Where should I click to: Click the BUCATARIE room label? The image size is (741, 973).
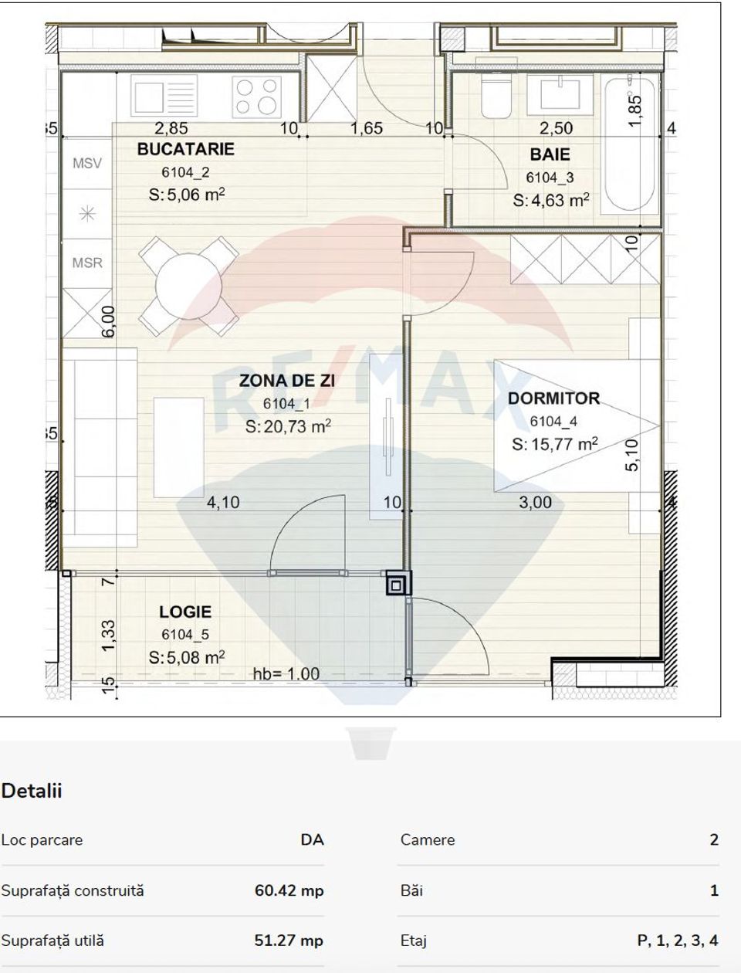[185, 149]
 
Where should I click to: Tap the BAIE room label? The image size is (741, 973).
[550, 154]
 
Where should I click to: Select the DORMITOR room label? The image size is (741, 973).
[553, 398]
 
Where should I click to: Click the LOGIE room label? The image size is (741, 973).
[185, 612]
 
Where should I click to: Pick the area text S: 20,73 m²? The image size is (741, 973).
[288, 426]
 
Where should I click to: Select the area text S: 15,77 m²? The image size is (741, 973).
[555, 444]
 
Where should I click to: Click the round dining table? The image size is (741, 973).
[188, 286]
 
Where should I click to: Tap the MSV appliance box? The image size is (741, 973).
[87, 164]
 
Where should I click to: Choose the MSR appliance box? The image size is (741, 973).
[87, 263]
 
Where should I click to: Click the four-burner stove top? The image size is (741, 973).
[256, 97]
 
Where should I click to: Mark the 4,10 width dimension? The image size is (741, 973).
[223, 503]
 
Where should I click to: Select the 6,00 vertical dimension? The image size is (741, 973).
[108, 320]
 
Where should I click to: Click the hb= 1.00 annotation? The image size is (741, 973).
[286, 673]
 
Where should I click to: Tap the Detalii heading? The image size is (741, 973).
[32, 791]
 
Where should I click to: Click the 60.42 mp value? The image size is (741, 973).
[289, 890]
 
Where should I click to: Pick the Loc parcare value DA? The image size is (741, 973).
[312, 839]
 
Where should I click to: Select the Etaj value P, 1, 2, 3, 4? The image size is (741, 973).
[677, 941]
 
